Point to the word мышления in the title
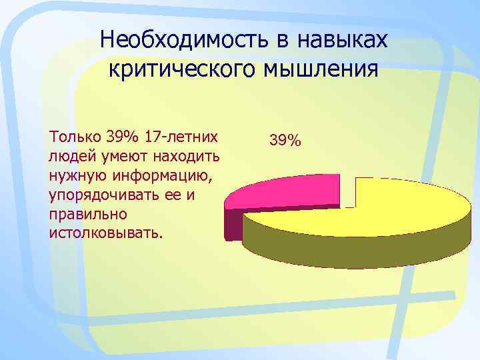[319, 69]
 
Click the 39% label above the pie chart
[285, 141]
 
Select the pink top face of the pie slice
[287, 193]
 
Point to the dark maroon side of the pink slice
[233, 223]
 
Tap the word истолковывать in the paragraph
[105, 234]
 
